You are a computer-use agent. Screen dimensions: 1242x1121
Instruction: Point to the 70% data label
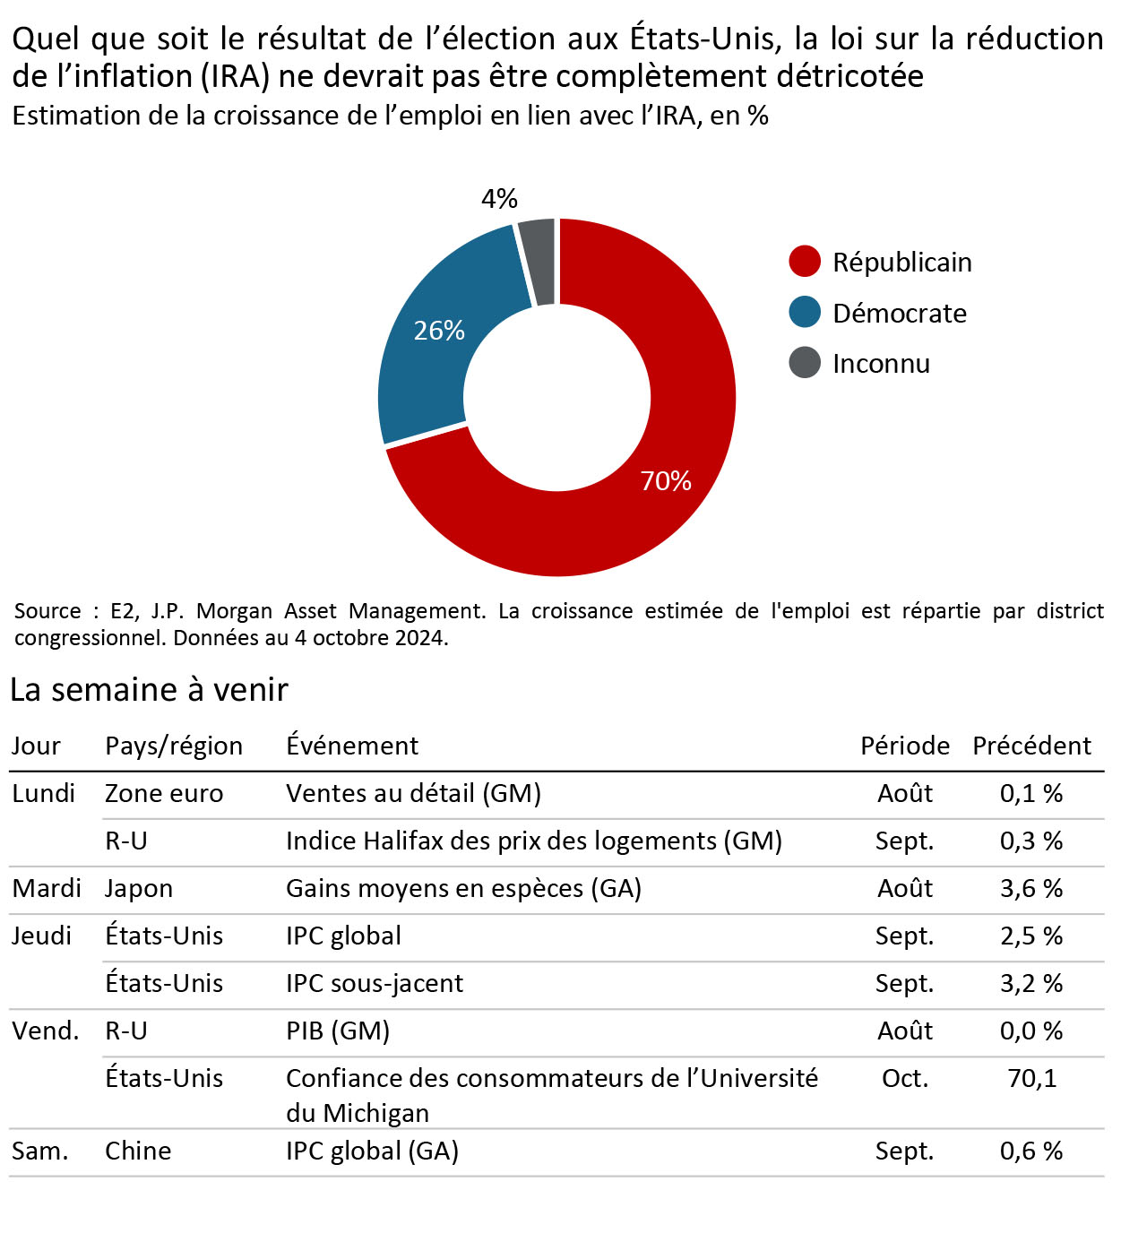tap(666, 481)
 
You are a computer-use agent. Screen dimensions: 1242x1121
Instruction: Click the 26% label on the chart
tap(439, 331)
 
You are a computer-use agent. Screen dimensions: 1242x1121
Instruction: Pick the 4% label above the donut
tap(499, 199)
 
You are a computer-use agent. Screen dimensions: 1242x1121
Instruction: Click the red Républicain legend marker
tap(805, 262)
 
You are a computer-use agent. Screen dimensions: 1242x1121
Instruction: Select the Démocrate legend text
tap(900, 313)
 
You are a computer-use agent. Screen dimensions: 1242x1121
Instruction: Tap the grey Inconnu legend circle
tap(805, 363)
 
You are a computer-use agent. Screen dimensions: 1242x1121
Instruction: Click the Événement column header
tap(352, 746)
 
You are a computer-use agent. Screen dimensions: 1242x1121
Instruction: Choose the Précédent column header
tap(1031, 746)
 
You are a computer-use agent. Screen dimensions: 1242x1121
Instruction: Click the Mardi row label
tap(47, 888)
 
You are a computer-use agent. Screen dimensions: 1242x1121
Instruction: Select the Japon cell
tap(139, 888)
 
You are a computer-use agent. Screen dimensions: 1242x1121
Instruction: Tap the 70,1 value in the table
tap(1031, 1078)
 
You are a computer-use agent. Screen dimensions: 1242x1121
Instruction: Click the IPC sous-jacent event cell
tap(375, 983)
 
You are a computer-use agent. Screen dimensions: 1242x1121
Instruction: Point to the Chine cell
tap(138, 1151)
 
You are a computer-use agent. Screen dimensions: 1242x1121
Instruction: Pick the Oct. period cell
tap(905, 1078)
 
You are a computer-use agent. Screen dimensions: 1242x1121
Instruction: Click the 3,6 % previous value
tap(1031, 888)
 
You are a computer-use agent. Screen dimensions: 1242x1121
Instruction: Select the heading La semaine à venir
tap(149, 689)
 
